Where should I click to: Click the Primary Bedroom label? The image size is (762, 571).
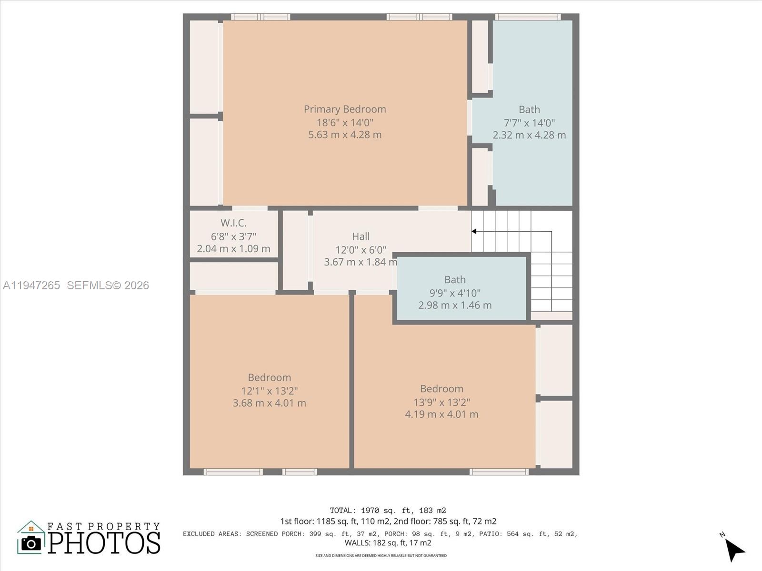[345, 109]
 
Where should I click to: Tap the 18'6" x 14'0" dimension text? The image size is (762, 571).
[345, 122]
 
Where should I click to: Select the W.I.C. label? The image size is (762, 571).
[233, 223]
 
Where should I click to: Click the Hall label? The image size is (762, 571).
[361, 236]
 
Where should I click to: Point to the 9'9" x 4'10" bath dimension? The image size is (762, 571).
[455, 293]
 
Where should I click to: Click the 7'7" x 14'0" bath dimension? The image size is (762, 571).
[529, 123]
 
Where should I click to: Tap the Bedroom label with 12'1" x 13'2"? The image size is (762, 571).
[269, 377]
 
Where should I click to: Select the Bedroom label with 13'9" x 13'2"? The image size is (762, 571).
[441, 389]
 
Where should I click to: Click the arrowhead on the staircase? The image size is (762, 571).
[474, 231]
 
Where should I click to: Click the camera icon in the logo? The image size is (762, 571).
[31, 542]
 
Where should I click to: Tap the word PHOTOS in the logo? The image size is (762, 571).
[104, 542]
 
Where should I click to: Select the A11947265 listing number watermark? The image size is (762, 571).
[31, 285]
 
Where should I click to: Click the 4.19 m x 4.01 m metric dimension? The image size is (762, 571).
[441, 414]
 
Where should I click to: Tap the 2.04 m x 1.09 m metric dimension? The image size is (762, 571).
[233, 248]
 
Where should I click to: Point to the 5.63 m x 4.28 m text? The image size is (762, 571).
[345, 135]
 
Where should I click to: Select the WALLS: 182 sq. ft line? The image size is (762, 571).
[388, 543]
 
